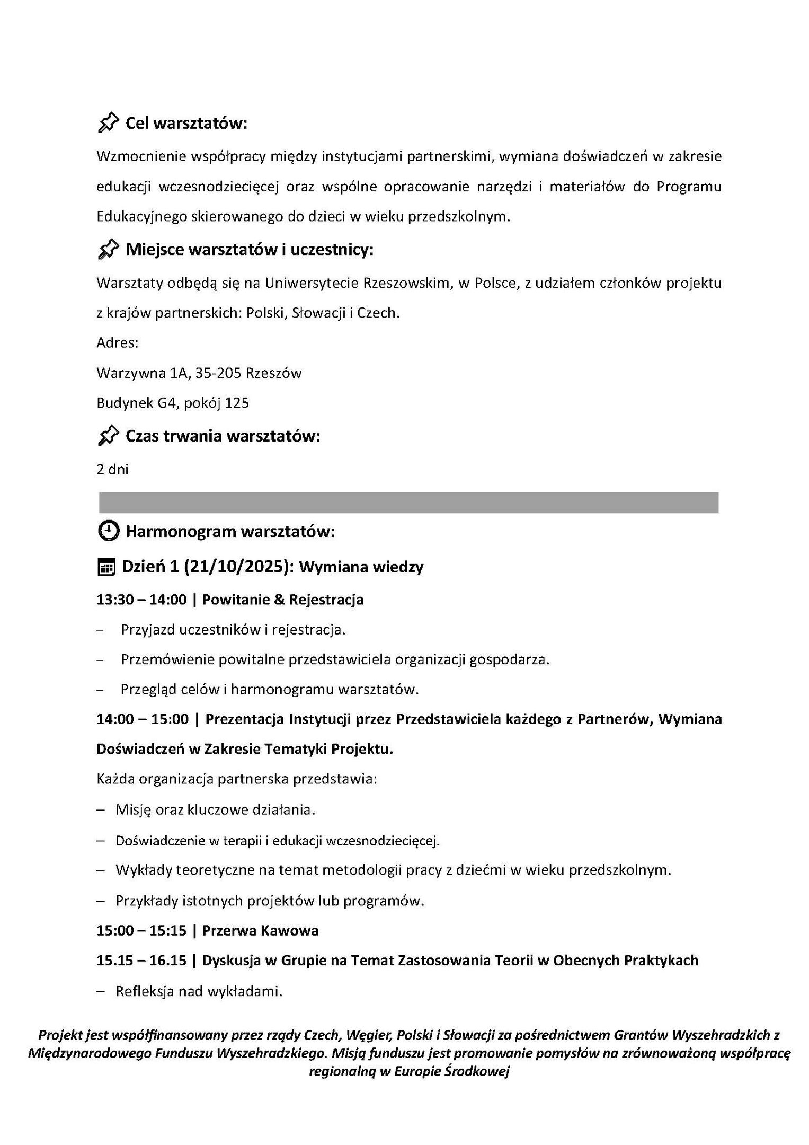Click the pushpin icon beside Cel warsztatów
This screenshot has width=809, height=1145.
coord(109,122)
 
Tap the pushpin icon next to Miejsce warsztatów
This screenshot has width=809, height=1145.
coord(109,249)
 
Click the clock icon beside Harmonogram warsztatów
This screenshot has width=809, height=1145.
coord(109,531)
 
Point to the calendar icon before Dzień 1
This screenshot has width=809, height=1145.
coord(106,568)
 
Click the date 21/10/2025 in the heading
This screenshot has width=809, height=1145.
coord(238,567)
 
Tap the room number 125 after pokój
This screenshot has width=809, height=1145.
coord(237,403)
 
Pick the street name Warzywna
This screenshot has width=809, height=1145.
coord(130,373)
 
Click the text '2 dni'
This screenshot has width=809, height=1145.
coord(112,469)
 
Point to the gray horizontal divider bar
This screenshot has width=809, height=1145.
coord(408,502)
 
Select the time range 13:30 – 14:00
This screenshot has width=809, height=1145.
coord(141,600)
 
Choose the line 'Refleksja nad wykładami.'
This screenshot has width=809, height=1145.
coord(199,991)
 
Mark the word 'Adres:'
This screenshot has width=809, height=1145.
coord(117,343)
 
